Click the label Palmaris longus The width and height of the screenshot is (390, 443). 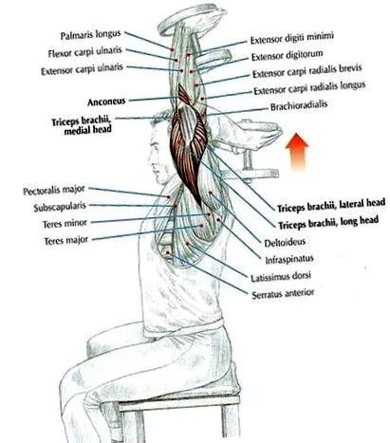[90, 35]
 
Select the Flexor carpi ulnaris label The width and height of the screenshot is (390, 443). [84, 52]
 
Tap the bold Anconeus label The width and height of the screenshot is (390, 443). [106, 102]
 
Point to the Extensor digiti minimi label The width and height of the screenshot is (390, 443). [292, 38]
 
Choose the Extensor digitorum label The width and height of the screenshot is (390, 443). [287, 55]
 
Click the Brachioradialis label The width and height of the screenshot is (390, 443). [299, 106]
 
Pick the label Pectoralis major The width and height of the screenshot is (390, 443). [54, 191]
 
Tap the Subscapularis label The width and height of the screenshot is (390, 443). [60, 207]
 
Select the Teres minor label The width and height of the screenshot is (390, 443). [65, 223]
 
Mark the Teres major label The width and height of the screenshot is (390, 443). [66, 241]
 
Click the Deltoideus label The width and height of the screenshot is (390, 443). [285, 243]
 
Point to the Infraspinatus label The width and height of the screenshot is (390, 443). [289, 260]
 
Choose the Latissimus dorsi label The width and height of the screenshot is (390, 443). [281, 276]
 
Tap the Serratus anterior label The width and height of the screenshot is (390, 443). [283, 294]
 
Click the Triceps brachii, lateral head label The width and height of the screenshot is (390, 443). [331, 205]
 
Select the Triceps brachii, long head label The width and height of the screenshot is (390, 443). [328, 222]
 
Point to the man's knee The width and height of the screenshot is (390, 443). [71, 377]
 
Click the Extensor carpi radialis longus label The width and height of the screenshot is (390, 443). [309, 88]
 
